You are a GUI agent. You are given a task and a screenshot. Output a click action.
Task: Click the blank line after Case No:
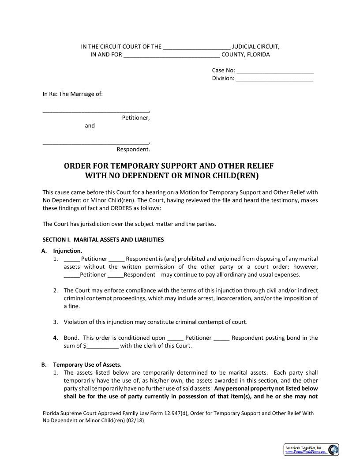click(275, 71)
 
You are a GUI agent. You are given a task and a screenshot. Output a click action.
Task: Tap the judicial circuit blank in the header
click(197, 47)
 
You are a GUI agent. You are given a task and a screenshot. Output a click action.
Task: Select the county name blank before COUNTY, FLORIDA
click(172, 55)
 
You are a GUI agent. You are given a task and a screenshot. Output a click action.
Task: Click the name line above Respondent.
click(96, 143)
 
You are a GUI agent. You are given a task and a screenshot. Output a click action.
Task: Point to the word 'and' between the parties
click(90, 126)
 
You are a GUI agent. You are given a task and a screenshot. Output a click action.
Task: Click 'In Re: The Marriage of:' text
click(72, 94)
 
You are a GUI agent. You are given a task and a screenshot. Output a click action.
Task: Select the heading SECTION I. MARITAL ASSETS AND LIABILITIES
click(103, 240)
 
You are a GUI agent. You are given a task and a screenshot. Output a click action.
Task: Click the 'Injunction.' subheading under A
click(67, 251)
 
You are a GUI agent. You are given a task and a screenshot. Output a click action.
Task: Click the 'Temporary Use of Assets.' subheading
click(87, 365)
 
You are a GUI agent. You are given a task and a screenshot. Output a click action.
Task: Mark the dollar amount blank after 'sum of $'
click(103, 346)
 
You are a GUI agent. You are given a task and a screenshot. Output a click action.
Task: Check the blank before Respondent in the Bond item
click(221, 338)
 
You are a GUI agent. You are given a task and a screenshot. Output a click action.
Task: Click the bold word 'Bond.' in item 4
click(71, 338)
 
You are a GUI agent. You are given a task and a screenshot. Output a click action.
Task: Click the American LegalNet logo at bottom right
click(311, 450)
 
